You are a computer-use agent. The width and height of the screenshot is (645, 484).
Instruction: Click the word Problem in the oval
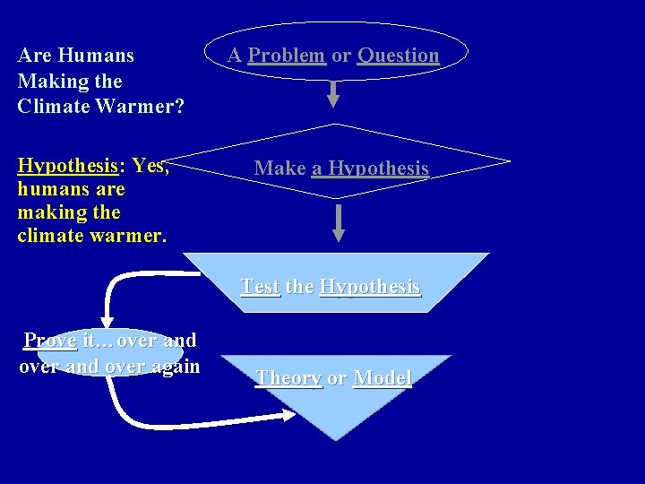[x=286, y=56]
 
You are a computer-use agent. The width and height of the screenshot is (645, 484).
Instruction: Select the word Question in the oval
[x=398, y=56]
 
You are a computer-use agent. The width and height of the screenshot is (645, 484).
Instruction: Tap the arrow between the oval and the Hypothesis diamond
[x=333, y=93]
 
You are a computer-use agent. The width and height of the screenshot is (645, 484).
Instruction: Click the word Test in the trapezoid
[x=260, y=287]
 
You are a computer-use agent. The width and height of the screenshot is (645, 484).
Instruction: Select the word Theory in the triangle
[x=288, y=378]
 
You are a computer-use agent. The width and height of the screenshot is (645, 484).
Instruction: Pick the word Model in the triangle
[x=383, y=378]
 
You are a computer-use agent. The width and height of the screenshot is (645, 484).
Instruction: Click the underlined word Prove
[x=50, y=341]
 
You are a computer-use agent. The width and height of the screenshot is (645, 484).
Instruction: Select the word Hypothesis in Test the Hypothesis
[x=369, y=287]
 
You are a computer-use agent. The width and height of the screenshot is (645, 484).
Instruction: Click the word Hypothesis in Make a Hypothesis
[x=378, y=169]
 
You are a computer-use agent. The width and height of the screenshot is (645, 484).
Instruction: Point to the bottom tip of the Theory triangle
[x=336, y=438]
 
